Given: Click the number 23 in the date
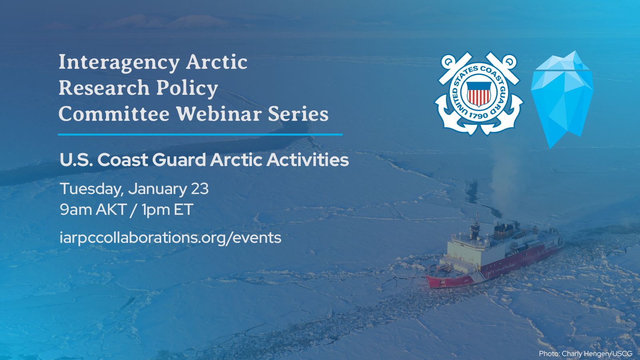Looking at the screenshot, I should click(x=200, y=189).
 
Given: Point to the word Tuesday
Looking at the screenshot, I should click(x=91, y=189).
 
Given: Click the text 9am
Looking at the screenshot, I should click(x=76, y=210).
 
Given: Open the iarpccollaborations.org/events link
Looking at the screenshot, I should click(x=170, y=238).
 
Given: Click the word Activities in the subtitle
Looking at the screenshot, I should click(x=308, y=160).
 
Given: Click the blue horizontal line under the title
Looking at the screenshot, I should click(x=200, y=134).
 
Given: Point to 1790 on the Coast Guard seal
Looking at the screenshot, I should click(x=478, y=116).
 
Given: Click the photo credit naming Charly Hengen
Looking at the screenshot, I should click(x=585, y=354).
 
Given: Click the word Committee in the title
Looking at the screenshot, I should click(x=114, y=114).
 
